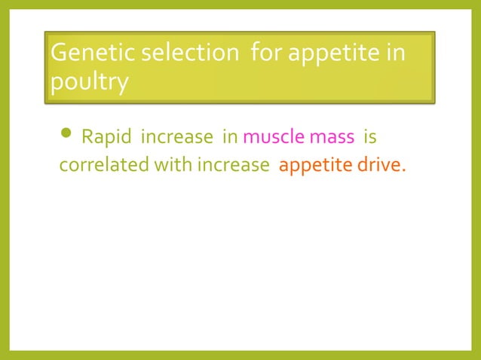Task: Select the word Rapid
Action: point(105,139)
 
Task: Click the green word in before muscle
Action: point(230,139)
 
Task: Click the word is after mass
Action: point(370,139)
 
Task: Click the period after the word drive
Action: point(403,170)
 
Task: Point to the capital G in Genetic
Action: point(57,54)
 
